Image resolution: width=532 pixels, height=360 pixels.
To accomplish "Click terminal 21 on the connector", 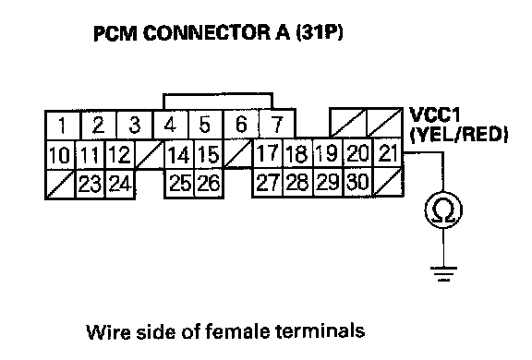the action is click(388, 153).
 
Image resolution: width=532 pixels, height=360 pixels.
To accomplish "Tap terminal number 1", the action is click(63, 126).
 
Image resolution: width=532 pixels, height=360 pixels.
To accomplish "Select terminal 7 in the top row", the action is click(277, 124).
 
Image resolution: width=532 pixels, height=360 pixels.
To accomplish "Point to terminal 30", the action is click(358, 182).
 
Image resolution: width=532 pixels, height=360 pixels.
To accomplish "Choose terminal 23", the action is click(90, 184).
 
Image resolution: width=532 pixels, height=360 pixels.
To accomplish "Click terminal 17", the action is click(268, 153).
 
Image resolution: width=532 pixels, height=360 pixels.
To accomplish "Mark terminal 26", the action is click(209, 183).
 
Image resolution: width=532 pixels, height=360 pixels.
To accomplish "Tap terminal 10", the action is click(60, 155).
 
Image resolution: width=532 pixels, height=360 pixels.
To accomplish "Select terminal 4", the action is click(171, 125).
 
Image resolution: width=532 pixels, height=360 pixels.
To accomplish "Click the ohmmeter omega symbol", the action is click(443, 210).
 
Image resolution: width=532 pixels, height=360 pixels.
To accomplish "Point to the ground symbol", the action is click(443, 274).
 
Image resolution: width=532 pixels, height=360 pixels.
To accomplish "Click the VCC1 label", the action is click(435, 115).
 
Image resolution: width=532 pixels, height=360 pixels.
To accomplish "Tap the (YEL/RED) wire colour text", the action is click(459, 135).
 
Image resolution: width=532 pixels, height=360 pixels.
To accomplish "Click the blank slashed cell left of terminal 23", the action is click(60, 184).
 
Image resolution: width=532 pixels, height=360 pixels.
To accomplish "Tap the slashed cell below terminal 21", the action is click(388, 182).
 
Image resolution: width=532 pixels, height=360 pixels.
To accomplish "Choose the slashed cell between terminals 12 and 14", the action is click(150, 154).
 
